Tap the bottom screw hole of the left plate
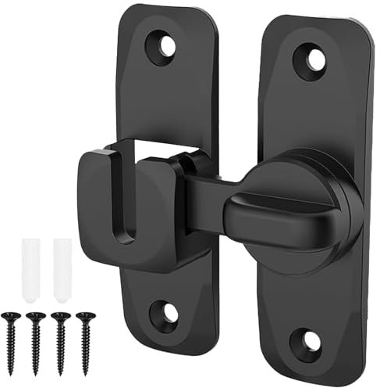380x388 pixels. point(166,313)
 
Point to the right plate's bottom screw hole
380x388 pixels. point(308,342)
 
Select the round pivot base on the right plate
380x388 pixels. point(316,211)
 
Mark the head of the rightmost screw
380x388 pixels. point(83,317)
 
